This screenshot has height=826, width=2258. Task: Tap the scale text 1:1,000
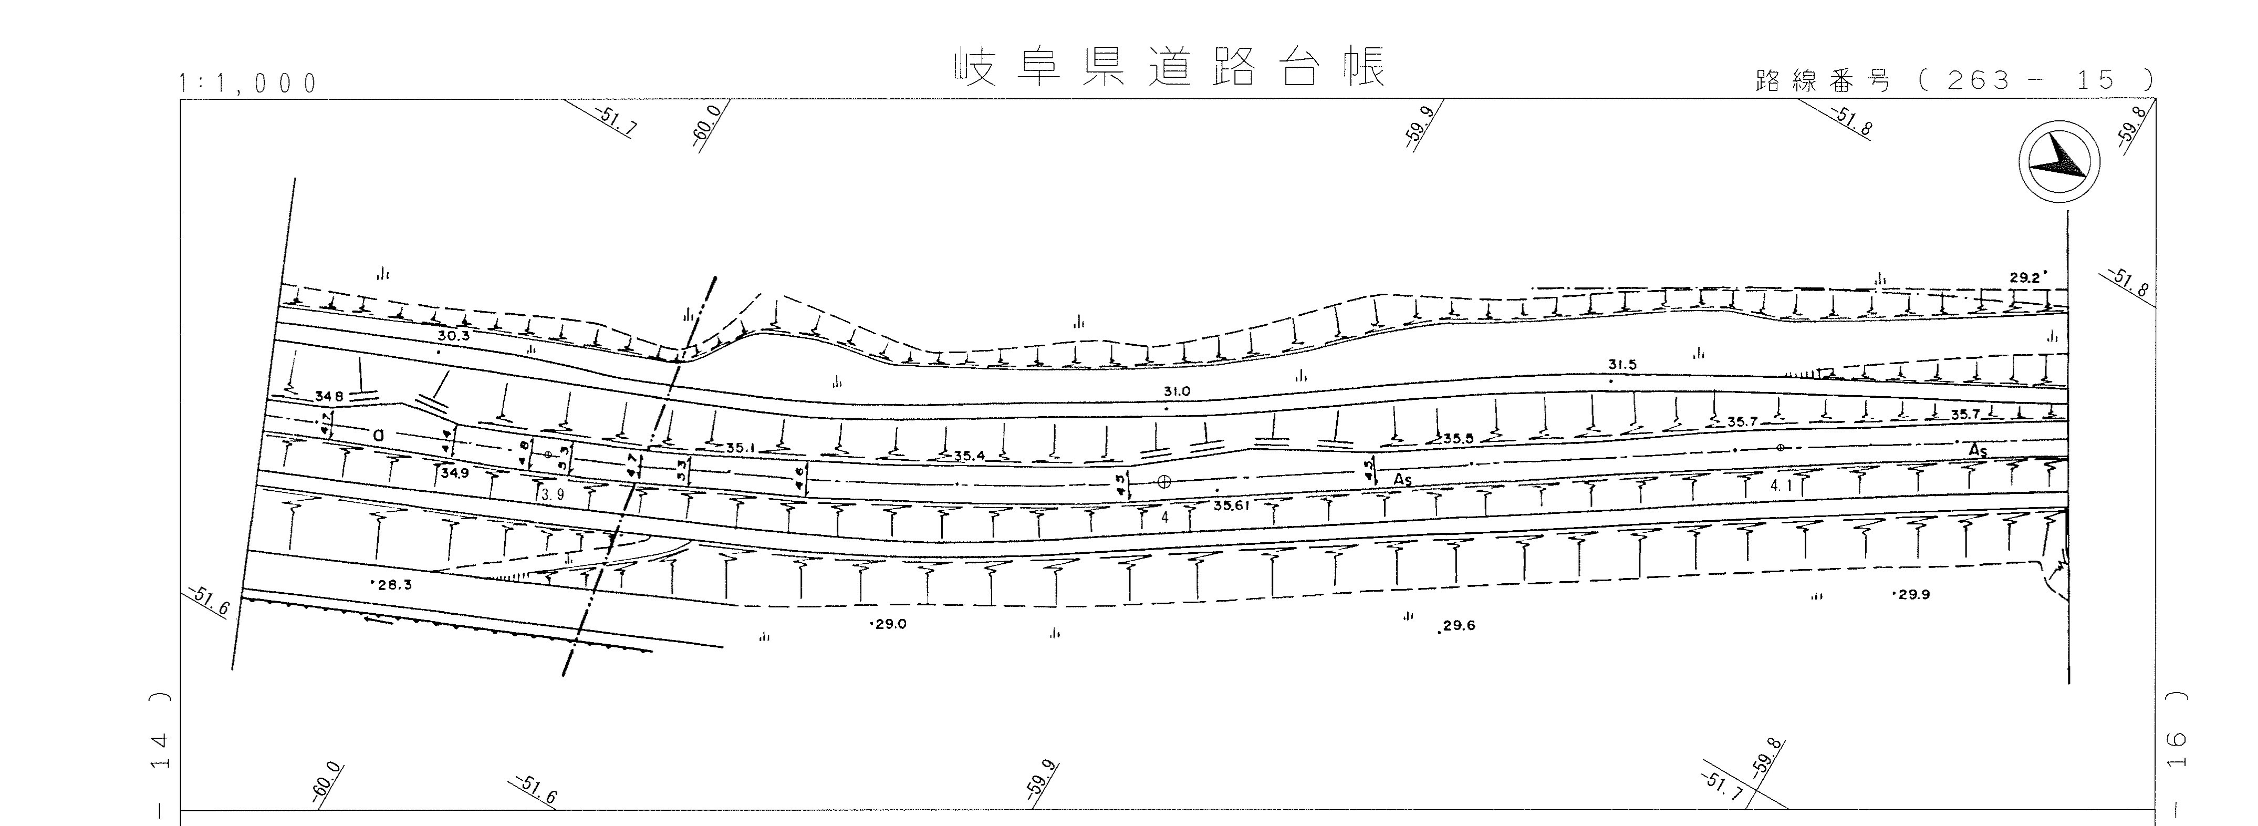tap(247, 84)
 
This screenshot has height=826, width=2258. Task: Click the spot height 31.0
tap(1177, 392)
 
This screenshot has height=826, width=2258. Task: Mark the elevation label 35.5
tap(1458, 438)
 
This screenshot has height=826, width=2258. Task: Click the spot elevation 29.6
tap(1460, 625)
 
